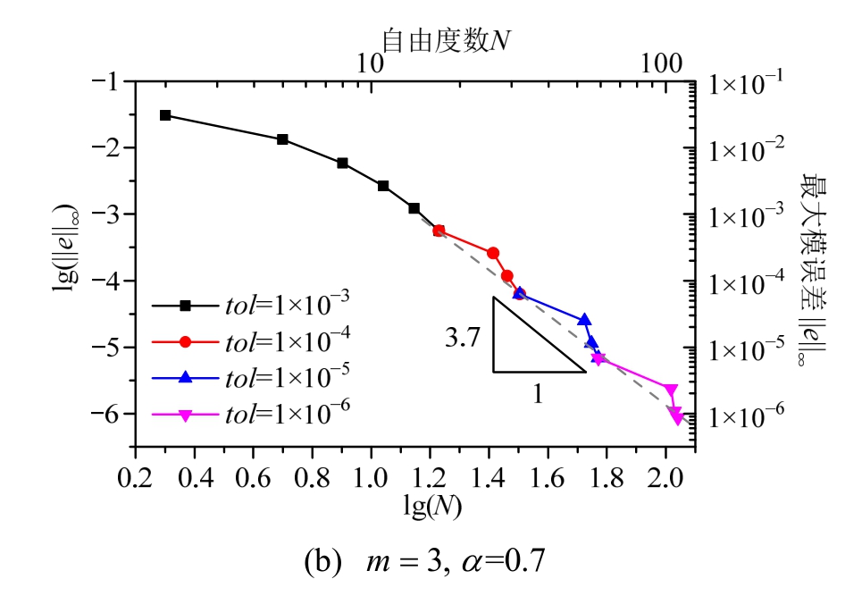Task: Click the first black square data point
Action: tap(165, 115)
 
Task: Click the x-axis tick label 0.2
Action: tap(135, 468)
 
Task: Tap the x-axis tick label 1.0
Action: tap(371, 468)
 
